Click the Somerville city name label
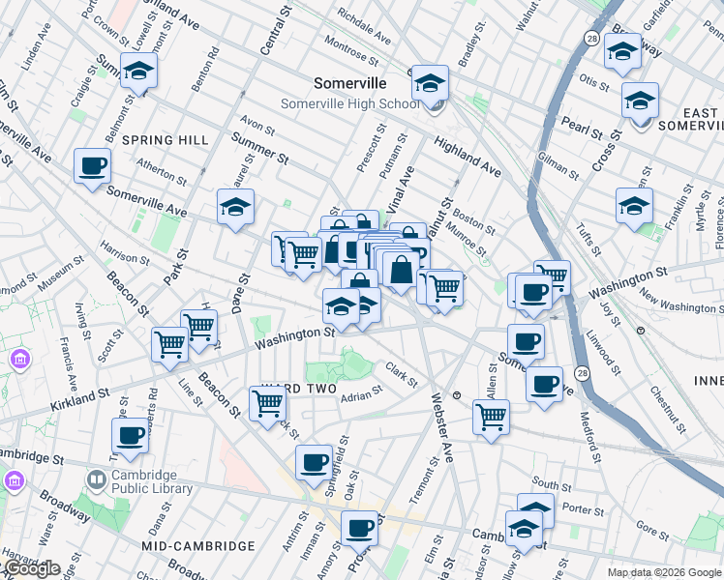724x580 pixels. [x=349, y=84]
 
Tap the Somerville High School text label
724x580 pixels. [x=349, y=103]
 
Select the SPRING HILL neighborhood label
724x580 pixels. [x=165, y=140]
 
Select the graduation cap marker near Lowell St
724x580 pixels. [x=139, y=72]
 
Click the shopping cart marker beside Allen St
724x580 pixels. [x=491, y=418]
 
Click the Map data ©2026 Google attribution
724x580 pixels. [x=663, y=572]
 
